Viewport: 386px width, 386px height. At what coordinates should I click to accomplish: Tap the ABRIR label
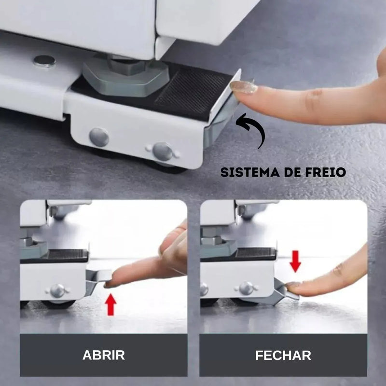pos(103,355)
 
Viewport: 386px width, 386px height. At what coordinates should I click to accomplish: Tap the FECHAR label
pos(283,355)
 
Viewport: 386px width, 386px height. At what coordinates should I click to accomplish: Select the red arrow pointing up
pos(111,304)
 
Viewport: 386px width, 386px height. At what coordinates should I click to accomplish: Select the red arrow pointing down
pos(295,261)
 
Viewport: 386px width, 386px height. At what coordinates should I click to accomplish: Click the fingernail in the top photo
pos(243,87)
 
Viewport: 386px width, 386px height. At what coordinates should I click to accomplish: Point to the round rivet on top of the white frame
pos(44,61)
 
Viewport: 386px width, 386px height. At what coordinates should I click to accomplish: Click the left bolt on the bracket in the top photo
pos(99,137)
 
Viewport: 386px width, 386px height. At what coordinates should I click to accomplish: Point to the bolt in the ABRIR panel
pos(57,290)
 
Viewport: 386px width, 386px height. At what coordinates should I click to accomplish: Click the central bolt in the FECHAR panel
pos(246,289)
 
